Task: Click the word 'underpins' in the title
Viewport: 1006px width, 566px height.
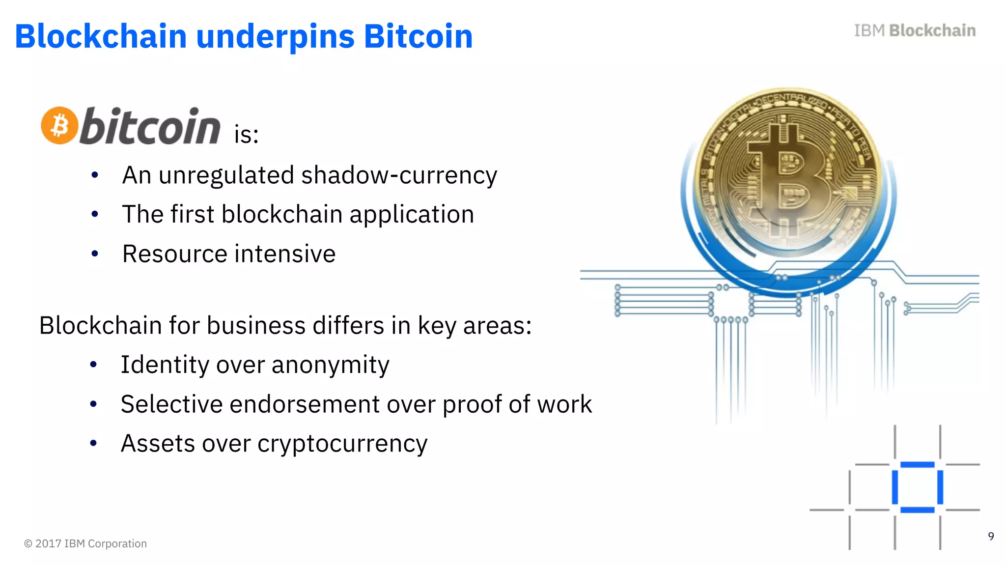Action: [275, 37]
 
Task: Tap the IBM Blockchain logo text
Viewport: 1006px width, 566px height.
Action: [915, 30]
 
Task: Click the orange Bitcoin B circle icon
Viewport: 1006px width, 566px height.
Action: [59, 126]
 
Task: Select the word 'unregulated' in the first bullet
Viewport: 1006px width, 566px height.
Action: [226, 175]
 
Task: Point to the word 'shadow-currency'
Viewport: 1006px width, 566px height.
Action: [399, 175]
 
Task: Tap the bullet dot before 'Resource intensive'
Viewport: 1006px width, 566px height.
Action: [95, 254]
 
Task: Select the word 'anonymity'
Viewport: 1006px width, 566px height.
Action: [330, 365]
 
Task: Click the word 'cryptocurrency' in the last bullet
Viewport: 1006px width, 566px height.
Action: [342, 444]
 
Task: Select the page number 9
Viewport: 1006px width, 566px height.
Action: [991, 536]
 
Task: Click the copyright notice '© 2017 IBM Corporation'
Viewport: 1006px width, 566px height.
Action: [85, 543]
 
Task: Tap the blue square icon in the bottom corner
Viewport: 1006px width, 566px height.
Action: [917, 487]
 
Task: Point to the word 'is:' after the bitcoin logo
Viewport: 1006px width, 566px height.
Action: [246, 135]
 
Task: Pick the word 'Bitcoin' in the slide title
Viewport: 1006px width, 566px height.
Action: [418, 37]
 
